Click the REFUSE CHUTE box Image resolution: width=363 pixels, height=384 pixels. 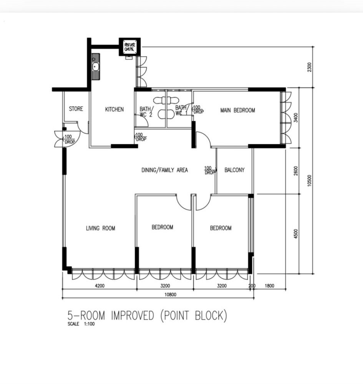coord(129,47)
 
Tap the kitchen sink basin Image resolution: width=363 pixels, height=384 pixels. coord(95,66)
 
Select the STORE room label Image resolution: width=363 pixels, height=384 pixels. coord(76,109)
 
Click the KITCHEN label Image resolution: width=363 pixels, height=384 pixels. coord(114,109)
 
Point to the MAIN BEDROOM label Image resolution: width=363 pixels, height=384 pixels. coord(238,110)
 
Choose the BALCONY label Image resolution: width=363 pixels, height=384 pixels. coord(234,170)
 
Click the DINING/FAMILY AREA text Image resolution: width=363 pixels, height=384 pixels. coord(164,170)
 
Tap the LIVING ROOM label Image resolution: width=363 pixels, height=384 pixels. coord(101,228)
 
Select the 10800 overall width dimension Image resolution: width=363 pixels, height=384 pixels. coord(170,295)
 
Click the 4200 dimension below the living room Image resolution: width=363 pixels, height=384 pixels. coord(99,285)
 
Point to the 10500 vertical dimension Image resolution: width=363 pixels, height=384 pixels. coord(310,181)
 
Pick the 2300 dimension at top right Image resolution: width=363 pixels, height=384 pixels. coord(310,67)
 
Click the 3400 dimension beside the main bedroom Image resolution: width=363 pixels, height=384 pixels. coord(296,118)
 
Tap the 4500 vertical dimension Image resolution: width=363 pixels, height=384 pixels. coord(296,234)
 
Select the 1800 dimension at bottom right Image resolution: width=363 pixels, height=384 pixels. coord(269,285)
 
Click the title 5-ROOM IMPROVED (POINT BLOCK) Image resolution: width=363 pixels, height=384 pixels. coord(147,316)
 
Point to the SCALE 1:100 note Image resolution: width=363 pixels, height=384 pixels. coord(81,324)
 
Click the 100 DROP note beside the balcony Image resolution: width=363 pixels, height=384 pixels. coord(210,170)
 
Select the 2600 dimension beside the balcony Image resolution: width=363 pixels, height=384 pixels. coord(296,171)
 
